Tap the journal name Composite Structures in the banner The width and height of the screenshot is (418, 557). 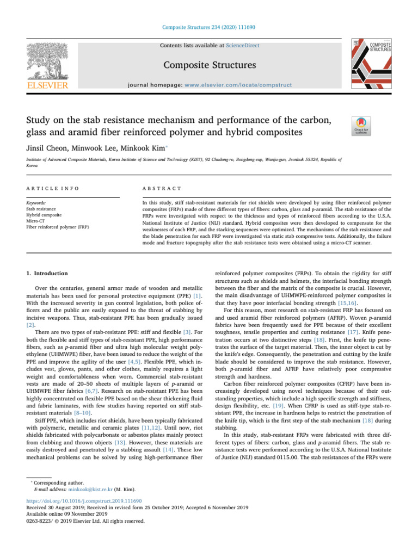tap(208, 65)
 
